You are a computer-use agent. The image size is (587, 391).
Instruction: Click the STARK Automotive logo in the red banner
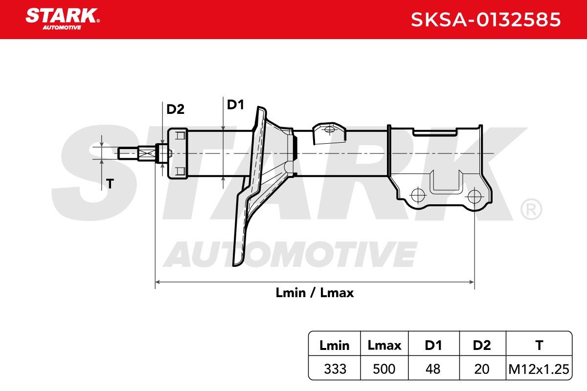click(63, 19)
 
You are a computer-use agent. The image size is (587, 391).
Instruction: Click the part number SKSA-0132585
click(486, 20)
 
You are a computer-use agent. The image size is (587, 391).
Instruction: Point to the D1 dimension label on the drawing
click(235, 105)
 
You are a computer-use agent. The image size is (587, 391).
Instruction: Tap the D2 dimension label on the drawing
click(175, 109)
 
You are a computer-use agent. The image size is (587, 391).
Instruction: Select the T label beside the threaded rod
click(110, 184)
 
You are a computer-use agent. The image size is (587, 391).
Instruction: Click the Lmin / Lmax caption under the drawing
click(315, 293)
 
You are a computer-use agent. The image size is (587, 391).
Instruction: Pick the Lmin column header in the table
click(335, 346)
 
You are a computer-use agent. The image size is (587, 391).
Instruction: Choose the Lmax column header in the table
click(384, 346)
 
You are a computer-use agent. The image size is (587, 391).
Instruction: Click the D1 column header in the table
click(433, 346)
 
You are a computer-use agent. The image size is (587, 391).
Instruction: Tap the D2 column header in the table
click(482, 346)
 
